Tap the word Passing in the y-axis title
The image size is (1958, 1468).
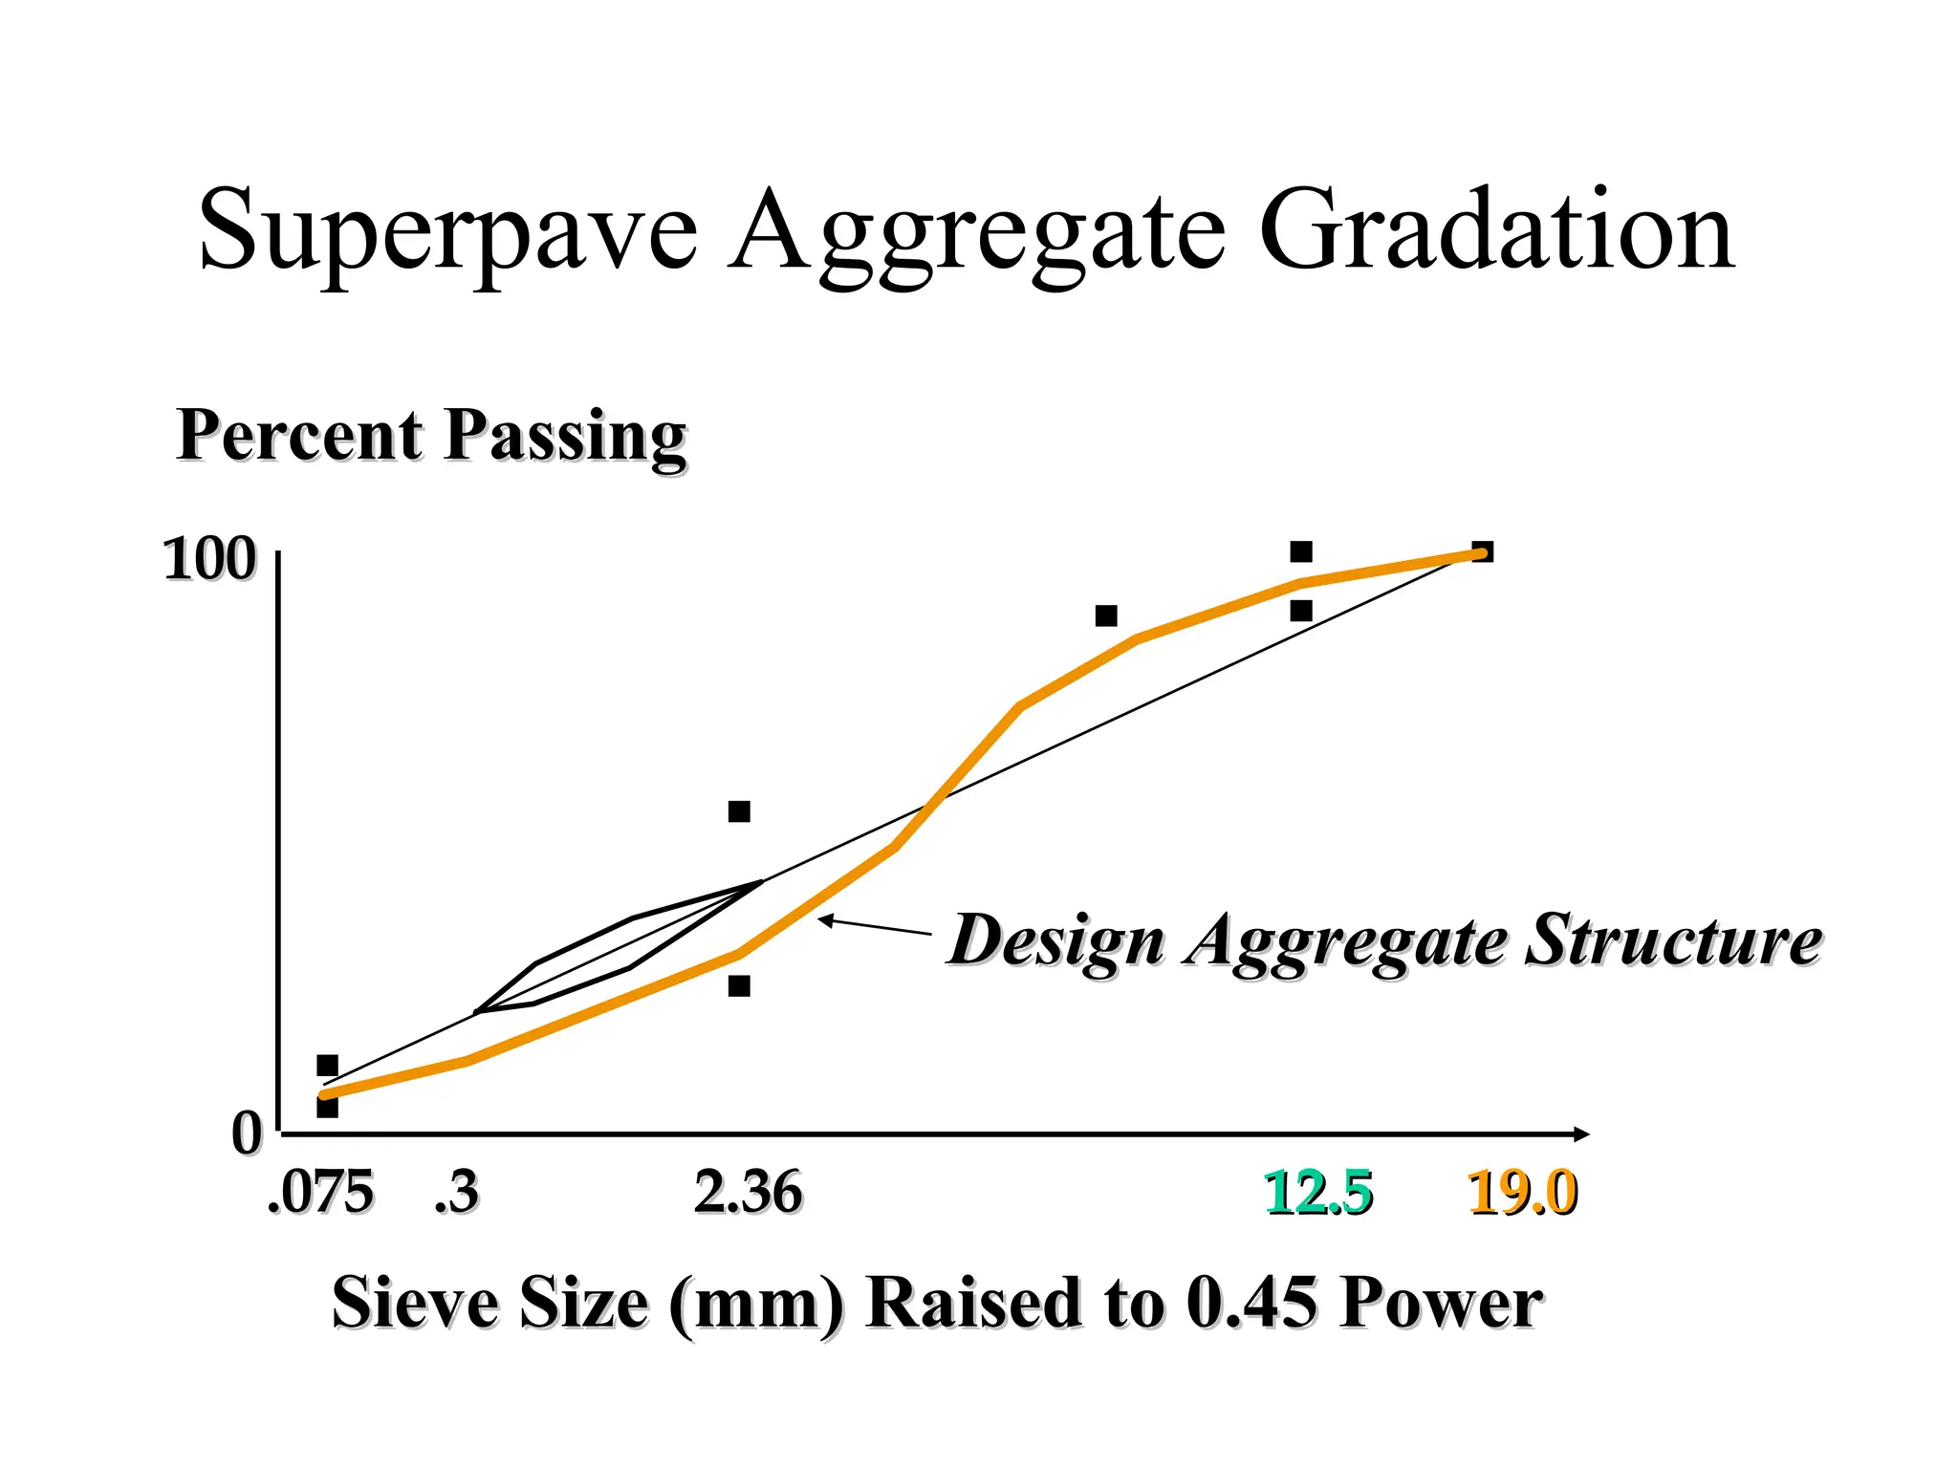(566, 436)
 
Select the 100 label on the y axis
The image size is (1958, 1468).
(209, 559)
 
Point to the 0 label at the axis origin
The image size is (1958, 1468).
(246, 1134)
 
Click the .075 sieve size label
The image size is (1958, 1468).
(321, 1193)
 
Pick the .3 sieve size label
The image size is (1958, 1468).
(456, 1193)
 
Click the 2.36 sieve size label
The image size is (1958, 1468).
(748, 1193)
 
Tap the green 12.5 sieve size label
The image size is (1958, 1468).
(1318, 1193)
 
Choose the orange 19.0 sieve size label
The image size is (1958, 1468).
(1522, 1193)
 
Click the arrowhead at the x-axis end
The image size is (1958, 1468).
(1581, 1134)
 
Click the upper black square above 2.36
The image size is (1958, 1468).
(739, 811)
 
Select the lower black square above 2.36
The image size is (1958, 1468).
(739, 985)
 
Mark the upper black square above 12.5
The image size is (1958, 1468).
(1301, 551)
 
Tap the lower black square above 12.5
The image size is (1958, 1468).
(1301, 611)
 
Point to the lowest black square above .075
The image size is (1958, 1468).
(327, 1108)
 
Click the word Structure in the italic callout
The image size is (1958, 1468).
(1673, 939)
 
